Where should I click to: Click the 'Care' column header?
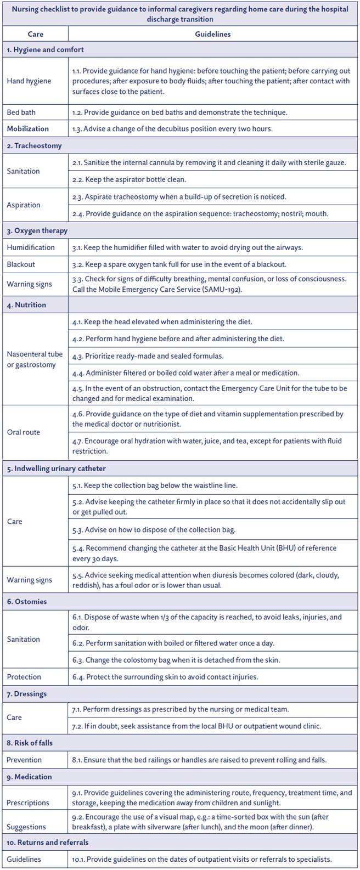(x=36, y=34)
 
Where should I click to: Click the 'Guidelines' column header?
(x=212, y=34)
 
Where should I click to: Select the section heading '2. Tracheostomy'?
(x=34, y=146)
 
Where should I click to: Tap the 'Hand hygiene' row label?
(x=29, y=81)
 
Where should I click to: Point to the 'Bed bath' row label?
(x=21, y=112)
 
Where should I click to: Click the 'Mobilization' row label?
(x=28, y=129)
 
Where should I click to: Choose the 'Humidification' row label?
(x=31, y=247)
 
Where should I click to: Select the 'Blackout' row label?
(x=21, y=264)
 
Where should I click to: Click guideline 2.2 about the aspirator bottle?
(x=129, y=179)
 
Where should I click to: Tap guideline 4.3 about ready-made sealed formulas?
(x=148, y=356)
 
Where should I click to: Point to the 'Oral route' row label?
(x=24, y=432)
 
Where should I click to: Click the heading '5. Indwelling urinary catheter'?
(x=57, y=468)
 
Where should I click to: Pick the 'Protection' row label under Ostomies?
(x=24, y=677)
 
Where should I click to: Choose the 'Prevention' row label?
(x=24, y=760)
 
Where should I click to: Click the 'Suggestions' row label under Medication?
(x=26, y=827)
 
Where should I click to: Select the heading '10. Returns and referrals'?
(x=48, y=842)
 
